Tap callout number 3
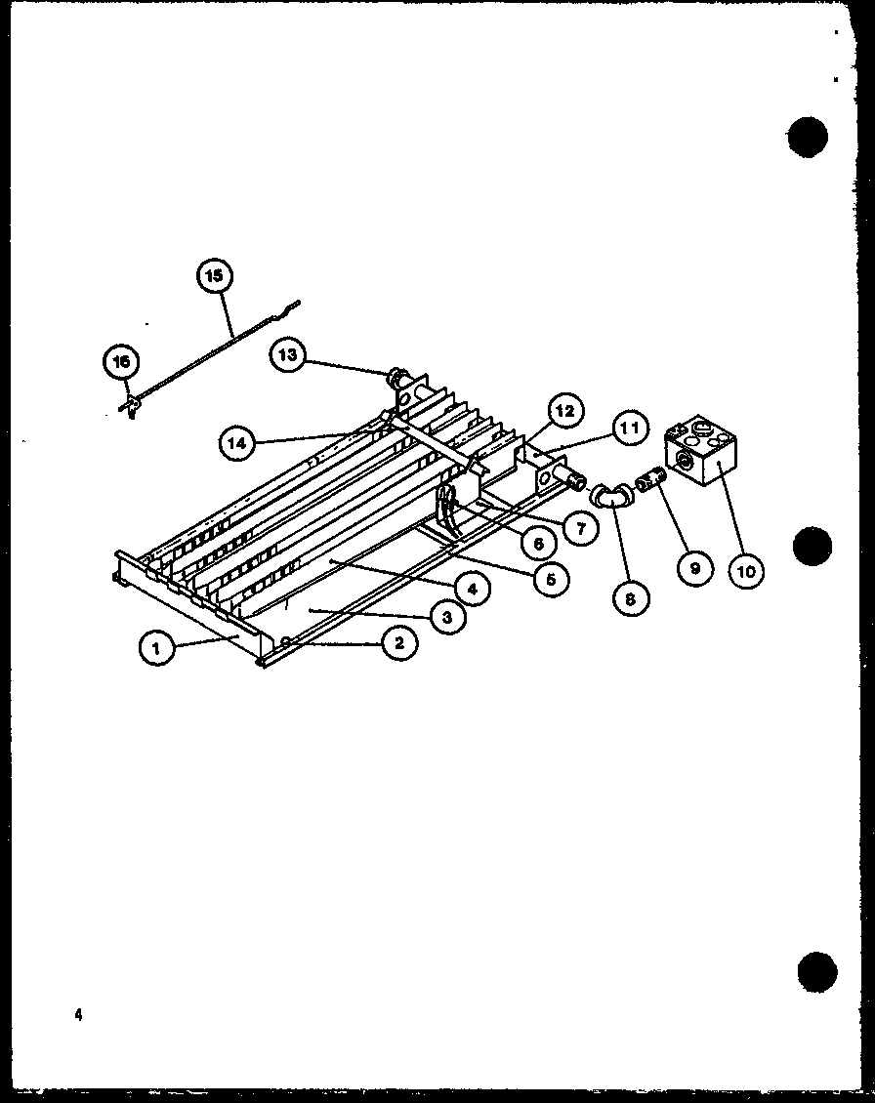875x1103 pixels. point(445,617)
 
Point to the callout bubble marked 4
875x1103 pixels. point(472,590)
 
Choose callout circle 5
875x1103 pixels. point(551,579)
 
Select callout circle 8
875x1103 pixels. point(630,598)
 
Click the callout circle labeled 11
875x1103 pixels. point(631,428)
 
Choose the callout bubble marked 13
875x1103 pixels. point(287,355)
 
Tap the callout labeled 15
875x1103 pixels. point(213,276)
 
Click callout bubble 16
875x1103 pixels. point(121,362)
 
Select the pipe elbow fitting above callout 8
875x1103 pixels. point(612,496)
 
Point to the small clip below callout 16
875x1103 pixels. point(128,404)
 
